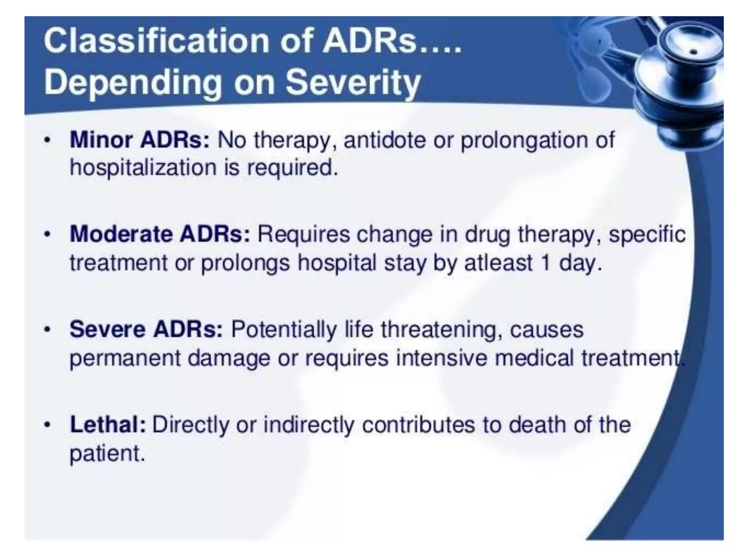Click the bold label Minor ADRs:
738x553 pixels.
coord(139,140)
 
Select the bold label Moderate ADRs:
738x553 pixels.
coord(160,234)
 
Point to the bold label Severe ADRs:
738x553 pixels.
coord(146,329)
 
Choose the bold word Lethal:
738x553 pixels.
coord(108,424)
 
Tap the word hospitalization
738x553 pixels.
coord(143,168)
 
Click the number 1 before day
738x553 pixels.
coord(546,262)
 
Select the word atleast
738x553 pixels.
coord(498,262)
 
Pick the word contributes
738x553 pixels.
coord(418,424)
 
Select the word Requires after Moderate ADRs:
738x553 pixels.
coord(303,234)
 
